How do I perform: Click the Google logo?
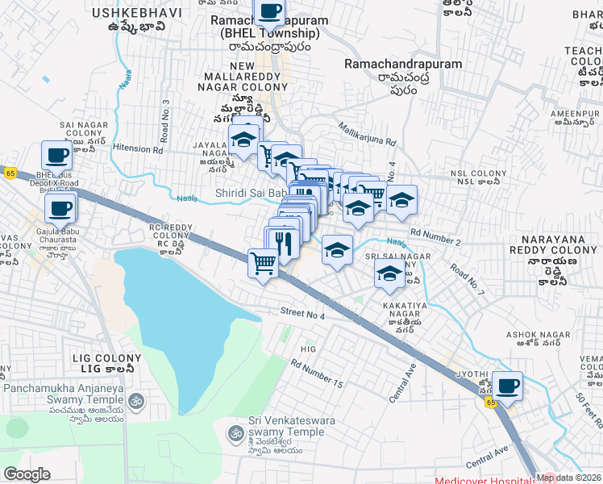click(x=27, y=475)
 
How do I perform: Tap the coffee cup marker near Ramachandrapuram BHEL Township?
click(x=268, y=12)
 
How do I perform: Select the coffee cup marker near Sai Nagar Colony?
click(x=56, y=155)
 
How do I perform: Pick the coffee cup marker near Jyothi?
click(x=507, y=386)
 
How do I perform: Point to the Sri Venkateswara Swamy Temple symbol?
click(x=235, y=432)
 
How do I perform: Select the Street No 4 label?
click(x=302, y=313)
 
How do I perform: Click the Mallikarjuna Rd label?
click(x=368, y=133)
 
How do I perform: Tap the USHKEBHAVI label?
click(x=129, y=14)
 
